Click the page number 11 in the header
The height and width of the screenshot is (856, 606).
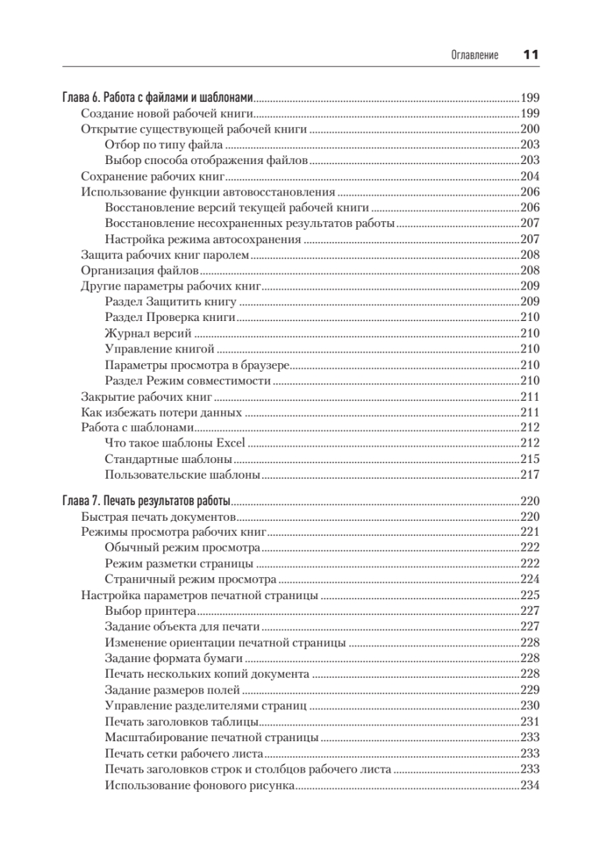[530, 55]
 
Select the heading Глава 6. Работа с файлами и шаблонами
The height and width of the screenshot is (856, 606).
[159, 98]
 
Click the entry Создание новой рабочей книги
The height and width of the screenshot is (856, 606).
[168, 113]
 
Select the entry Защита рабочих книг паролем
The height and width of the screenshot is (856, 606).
[164, 255]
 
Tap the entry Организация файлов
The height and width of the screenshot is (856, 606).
[139, 270]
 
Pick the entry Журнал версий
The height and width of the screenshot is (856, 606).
[147, 332]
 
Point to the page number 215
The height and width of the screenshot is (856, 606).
[530, 459]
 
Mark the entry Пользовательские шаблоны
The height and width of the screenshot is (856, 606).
[181, 475]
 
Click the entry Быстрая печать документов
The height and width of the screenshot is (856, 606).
[158, 516]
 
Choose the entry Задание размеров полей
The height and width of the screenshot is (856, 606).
[172, 690]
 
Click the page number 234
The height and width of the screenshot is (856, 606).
[530, 786]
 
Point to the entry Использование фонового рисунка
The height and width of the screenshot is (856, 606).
[199, 786]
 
